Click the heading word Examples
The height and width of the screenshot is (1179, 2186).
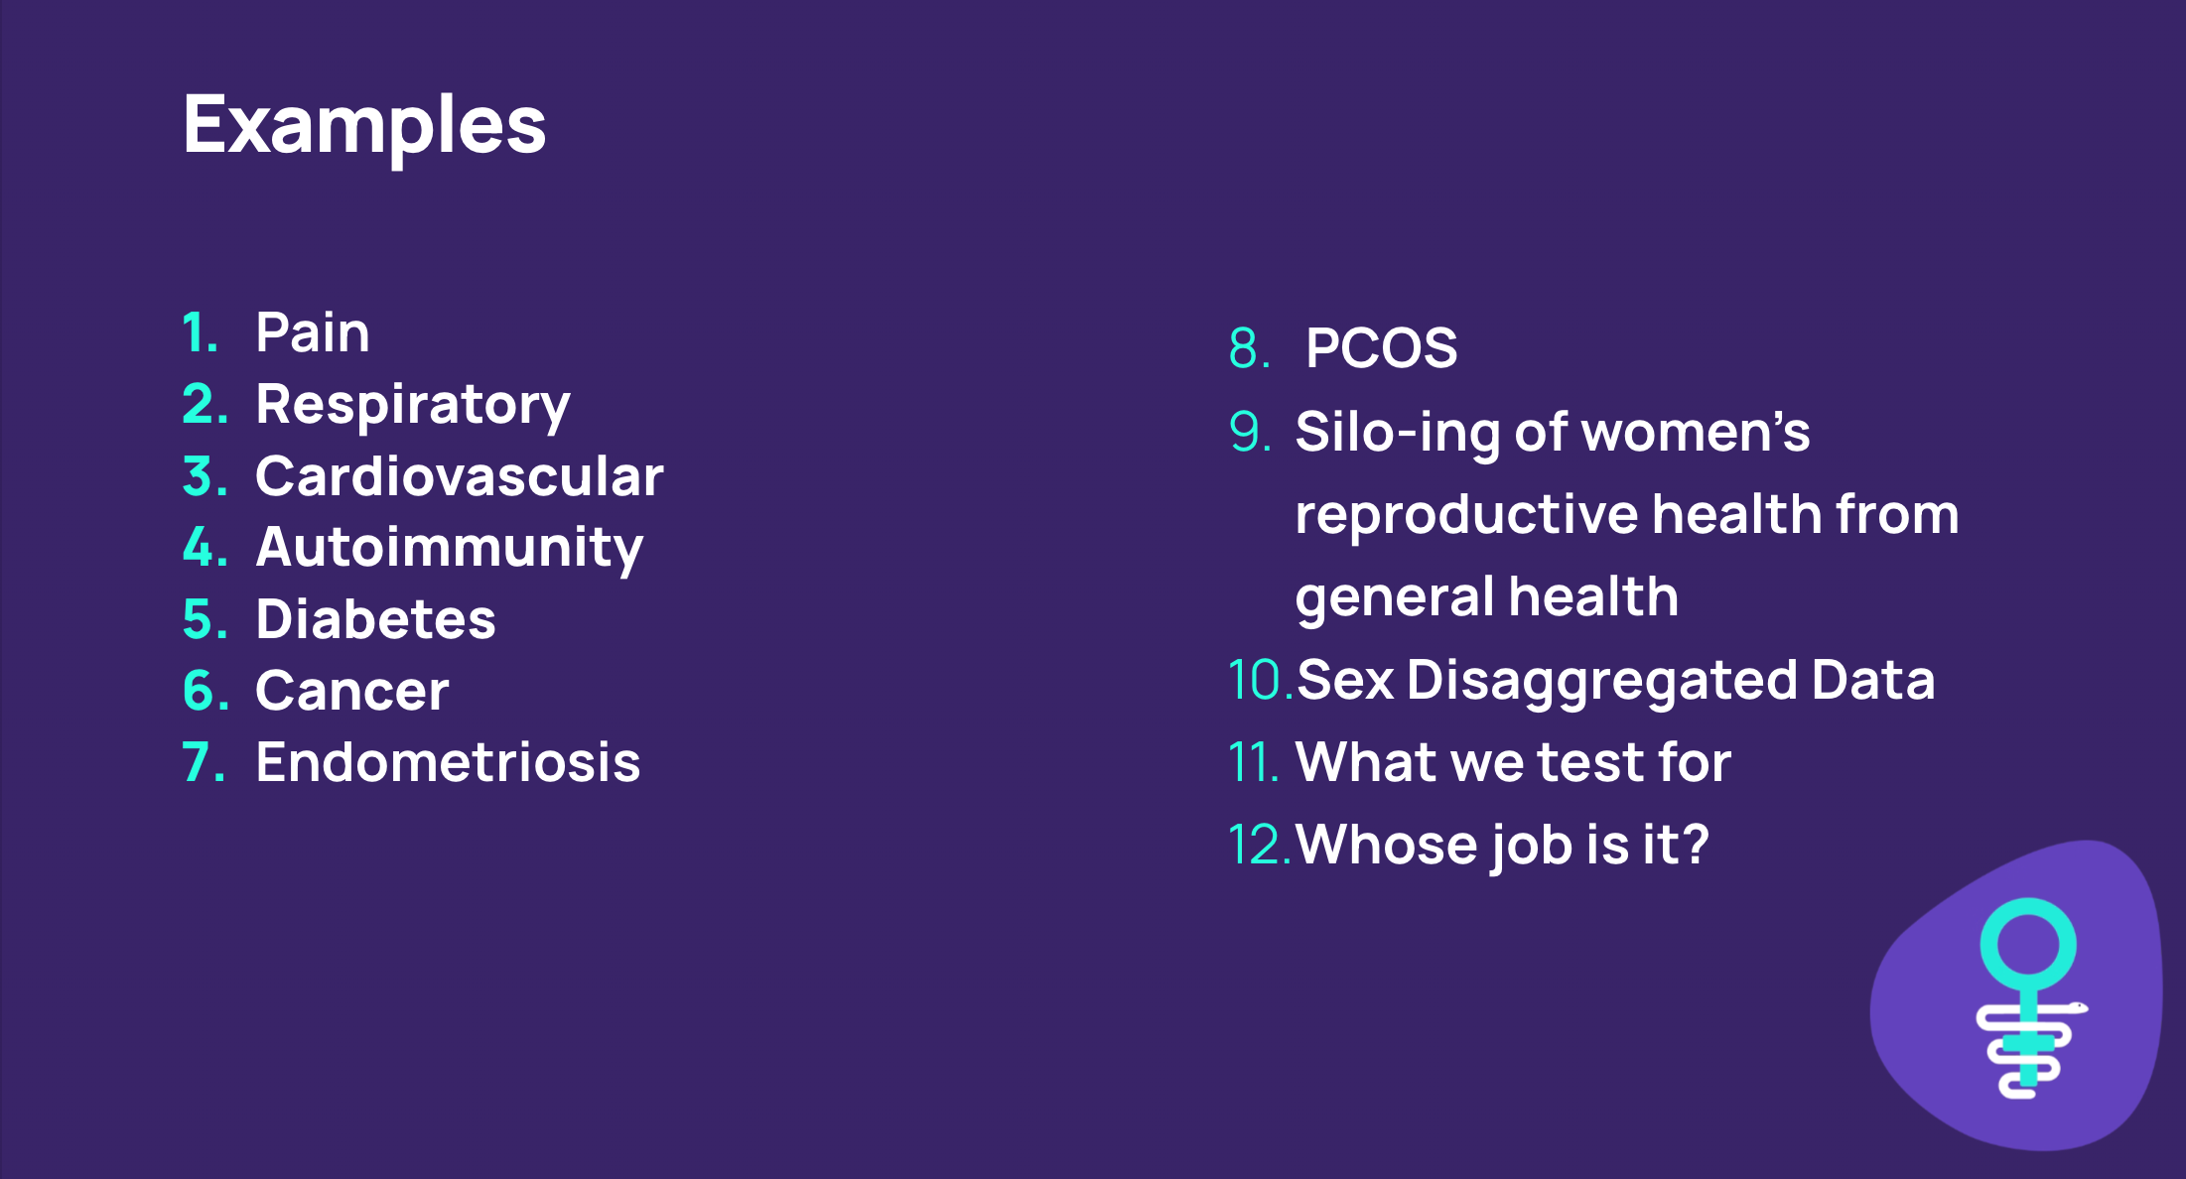[x=364, y=127]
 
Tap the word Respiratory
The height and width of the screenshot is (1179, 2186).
[x=413, y=406]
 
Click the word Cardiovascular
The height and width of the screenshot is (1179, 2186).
[x=460, y=476]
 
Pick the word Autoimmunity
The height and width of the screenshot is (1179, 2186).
[x=450, y=549]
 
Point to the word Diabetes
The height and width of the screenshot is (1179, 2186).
[x=375, y=619]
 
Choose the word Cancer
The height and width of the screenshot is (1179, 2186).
[x=352, y=691]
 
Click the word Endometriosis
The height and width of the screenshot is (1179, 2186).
[x=448, y=762]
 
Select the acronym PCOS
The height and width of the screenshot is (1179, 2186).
[x=1382, y=348]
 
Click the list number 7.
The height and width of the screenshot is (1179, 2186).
[x=204, y=762]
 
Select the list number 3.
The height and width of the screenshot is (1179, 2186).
[x=205, y=476]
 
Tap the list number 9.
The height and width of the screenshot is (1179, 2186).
[x=1250, y=432]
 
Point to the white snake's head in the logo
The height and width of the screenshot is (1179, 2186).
[x=2076, y=1008]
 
